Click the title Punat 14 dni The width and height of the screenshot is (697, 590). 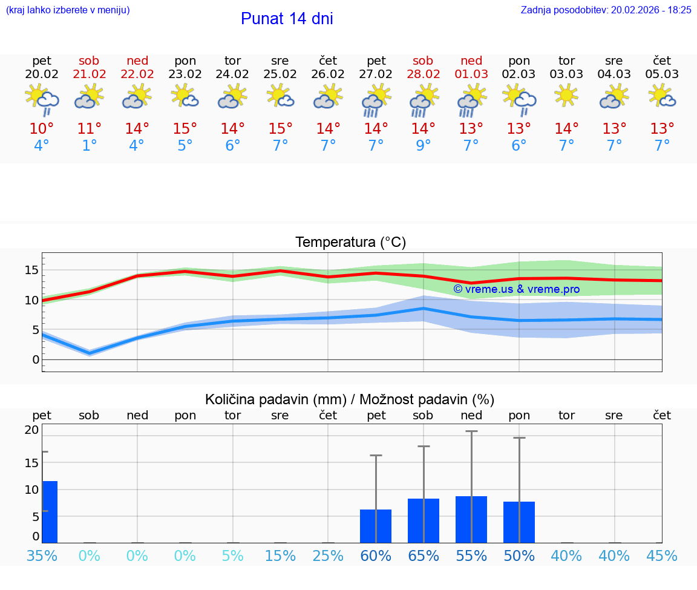(287, 19)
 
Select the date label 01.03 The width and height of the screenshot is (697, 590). (471, 74)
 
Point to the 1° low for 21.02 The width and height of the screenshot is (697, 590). (90, 145)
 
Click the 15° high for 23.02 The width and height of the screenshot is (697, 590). (185, 129)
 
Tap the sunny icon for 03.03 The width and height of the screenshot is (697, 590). (567, 96)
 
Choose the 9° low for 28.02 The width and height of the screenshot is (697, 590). (424, 145)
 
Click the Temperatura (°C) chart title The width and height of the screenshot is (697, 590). (350, 243)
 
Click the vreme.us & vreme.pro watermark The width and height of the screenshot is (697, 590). (517, 289)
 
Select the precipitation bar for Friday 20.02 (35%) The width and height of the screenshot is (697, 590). (50, 512)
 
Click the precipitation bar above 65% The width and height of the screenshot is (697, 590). (424, 520)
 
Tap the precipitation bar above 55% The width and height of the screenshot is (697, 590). (471, 519)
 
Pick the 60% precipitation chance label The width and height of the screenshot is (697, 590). (376, 556)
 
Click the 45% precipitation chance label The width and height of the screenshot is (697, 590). (662, 556)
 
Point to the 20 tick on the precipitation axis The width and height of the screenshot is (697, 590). (31, 430)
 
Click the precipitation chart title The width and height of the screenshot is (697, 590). (350, 399)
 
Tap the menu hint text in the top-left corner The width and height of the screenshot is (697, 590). (68, 10)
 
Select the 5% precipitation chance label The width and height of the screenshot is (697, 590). (232, 556)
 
